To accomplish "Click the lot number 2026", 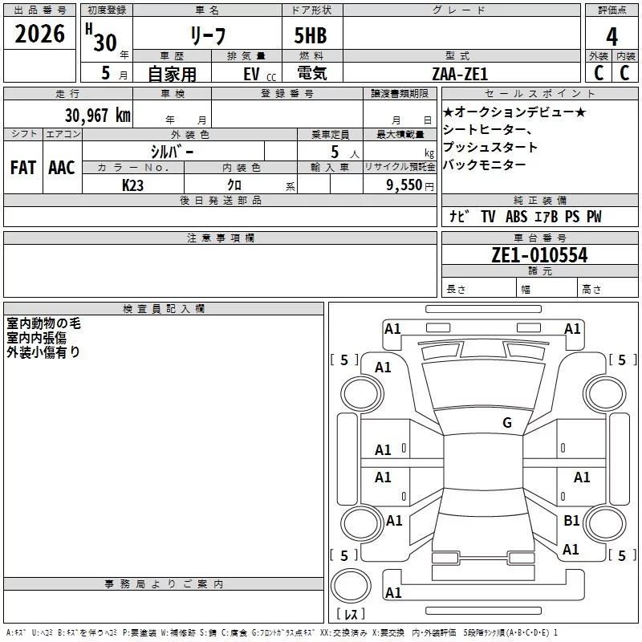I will coord(40,34).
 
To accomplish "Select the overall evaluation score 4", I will coord(612,36).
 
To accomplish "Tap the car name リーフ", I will coord(206,36).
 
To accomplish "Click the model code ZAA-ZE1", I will coord(461,73).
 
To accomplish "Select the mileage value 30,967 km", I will coord(98,116).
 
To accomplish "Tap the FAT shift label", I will coord(22,167).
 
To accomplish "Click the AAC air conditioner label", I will coord(61,167).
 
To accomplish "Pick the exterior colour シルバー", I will coord(172,151).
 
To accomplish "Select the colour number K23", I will coord(133,185).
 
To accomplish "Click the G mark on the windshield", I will coord(506,423).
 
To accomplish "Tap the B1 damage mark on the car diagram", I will coord(571,521).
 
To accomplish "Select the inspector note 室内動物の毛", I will coord(44,324).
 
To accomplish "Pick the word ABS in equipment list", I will coord(517,217).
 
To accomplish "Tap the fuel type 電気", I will coord(311,73).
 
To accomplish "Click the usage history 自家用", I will coord(172,73).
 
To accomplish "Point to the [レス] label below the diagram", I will coord(350,614).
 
